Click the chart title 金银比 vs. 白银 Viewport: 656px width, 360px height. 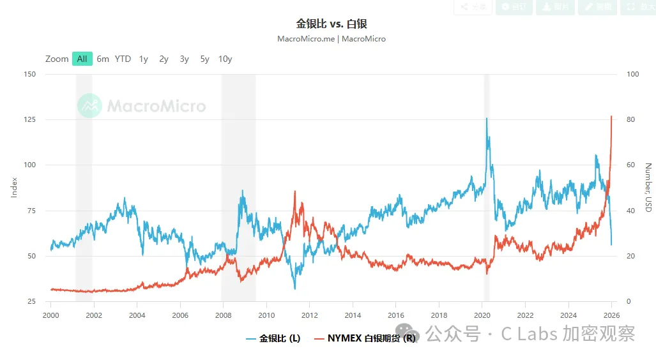332,24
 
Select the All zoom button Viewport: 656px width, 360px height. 82,59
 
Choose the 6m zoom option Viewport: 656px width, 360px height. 103,59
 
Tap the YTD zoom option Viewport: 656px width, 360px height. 123,59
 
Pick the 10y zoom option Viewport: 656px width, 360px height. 225,59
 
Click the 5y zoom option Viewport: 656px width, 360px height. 204,59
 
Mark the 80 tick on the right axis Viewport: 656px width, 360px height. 633,119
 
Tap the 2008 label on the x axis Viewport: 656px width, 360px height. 223,315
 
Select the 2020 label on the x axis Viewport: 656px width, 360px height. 482,315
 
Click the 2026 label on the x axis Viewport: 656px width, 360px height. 612,315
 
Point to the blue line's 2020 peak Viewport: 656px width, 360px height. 487,118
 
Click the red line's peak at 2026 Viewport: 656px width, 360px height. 611,116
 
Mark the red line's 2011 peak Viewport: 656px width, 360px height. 294,191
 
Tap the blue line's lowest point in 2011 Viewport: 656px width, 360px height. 294,289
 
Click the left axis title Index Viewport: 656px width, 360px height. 14,188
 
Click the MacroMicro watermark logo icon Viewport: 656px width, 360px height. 89,106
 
